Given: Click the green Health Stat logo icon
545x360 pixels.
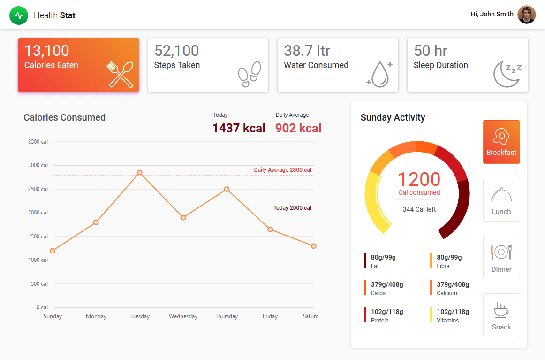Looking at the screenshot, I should pos(19,15).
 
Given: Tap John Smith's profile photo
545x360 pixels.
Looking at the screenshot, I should pos(526,15).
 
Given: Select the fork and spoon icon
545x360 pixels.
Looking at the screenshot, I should pos(121,74).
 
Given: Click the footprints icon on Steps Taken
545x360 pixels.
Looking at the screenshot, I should pos(250,74).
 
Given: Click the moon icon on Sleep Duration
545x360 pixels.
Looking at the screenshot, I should pos(507,74).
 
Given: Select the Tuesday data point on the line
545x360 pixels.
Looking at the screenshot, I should pos(139,173).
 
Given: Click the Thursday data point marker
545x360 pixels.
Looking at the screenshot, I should pos(227,189).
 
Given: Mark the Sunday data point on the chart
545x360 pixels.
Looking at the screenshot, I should pos(53,251).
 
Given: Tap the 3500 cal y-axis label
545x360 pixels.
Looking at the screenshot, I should pos(38,142).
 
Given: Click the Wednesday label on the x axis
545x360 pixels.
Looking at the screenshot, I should pos(183,316).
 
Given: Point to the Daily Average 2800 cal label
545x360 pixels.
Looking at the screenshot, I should pos(282,170).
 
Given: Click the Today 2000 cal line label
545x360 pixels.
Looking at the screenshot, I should pos(292,208).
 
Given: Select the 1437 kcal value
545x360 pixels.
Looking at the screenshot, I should pos(239,128).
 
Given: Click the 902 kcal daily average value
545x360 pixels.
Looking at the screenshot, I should pos(298,128).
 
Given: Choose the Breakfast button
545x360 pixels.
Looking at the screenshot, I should pos(501,142).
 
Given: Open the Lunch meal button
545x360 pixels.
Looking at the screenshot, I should pos(501,199).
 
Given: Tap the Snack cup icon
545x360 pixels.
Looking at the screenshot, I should pos(501,310).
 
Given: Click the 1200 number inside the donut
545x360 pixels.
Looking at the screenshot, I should pos(419,179).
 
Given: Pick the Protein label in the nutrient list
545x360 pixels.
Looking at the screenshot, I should pos(379,321).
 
